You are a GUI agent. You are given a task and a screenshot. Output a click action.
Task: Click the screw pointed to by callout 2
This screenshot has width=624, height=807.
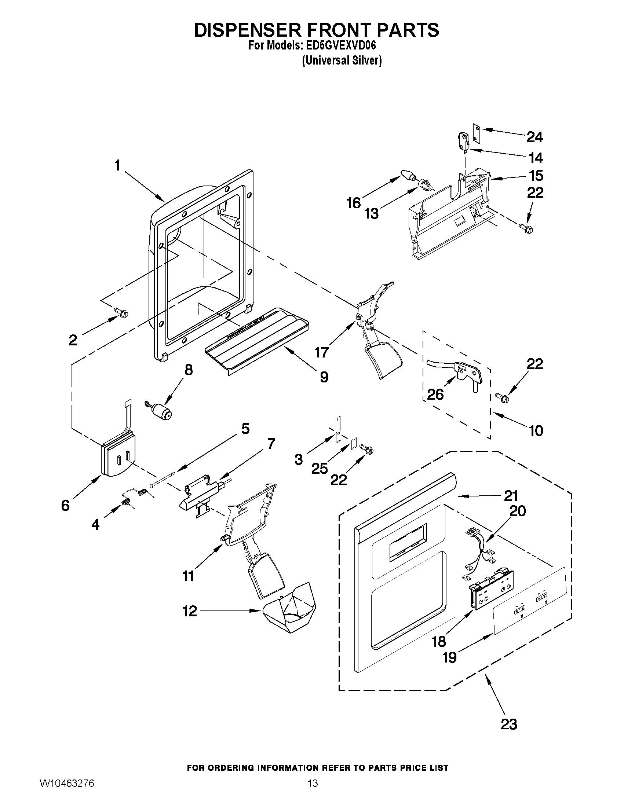[x=123, y=313]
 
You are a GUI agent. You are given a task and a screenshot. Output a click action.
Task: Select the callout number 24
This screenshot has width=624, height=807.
[x=534, y=137]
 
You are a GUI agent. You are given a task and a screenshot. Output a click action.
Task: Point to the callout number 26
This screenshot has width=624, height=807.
[x=435, y=395]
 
